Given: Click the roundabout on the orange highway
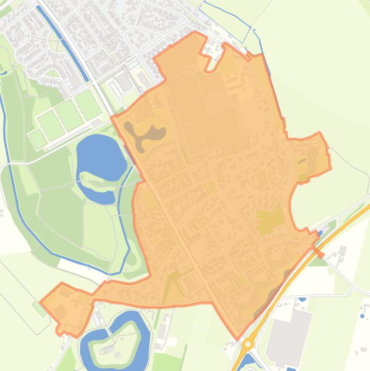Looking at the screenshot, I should point(248,344).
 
